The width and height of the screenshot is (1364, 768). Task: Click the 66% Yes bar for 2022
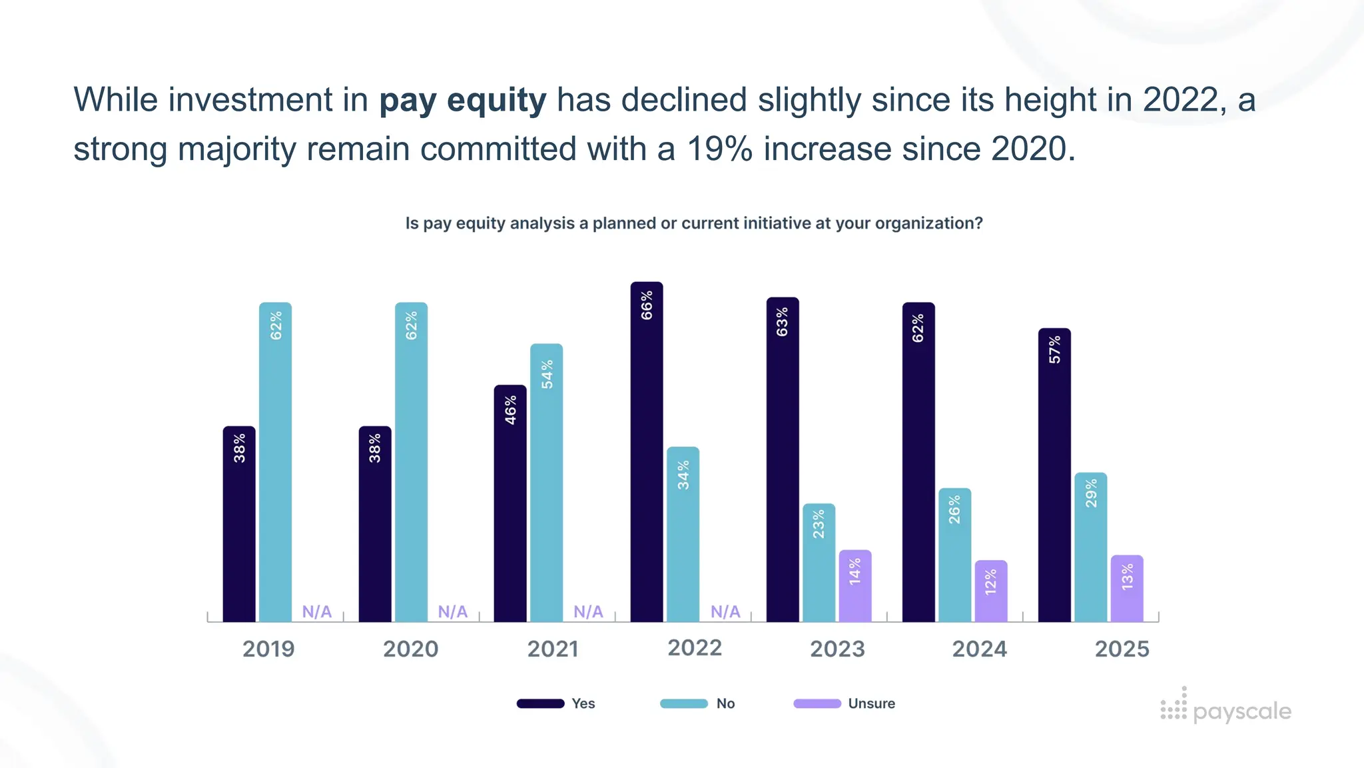tap(647, 453)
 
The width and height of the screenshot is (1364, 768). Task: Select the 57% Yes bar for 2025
tap(1054, 477)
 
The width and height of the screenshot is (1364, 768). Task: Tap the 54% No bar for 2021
tap(546, 483)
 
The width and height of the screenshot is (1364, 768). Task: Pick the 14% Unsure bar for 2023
tap(855, 587)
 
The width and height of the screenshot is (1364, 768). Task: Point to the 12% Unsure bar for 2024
tap(991, 592)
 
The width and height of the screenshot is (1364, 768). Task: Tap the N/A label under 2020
tap(453, 611)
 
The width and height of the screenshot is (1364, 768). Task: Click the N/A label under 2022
tap(725, 611)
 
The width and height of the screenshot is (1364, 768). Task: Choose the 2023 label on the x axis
tap(837, 649)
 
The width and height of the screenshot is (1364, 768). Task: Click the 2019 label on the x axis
tap(268, 649)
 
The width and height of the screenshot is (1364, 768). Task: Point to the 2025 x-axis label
tap(1122, 649)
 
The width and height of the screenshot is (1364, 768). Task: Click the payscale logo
tap(1225, 708)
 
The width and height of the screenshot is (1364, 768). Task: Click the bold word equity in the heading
tap(496, 101)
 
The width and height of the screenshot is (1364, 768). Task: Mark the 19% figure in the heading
tap(719, 149)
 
